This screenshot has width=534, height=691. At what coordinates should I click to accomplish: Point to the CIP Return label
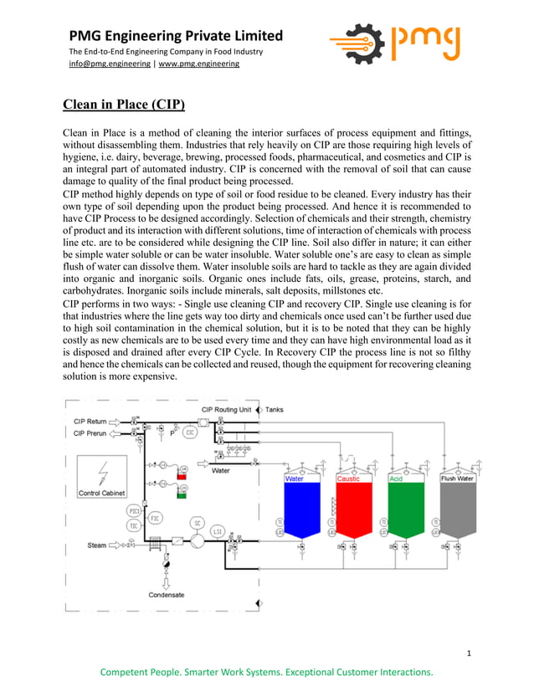[90, 421]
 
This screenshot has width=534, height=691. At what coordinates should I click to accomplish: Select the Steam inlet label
[97, 545]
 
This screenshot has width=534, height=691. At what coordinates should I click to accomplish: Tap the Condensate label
[167, 595]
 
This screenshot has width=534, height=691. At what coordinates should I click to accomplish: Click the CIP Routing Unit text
[226, 410]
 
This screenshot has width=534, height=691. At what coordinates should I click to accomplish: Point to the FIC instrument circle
[154, 518]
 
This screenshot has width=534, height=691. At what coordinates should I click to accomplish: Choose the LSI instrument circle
[217, 530]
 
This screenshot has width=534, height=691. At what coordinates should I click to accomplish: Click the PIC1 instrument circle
[134, 510]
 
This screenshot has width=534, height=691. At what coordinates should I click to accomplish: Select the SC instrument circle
[197, 523]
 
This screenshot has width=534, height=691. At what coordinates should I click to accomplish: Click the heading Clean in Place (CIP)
[124, 105]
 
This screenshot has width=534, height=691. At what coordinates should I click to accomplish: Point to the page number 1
[470, 653]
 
